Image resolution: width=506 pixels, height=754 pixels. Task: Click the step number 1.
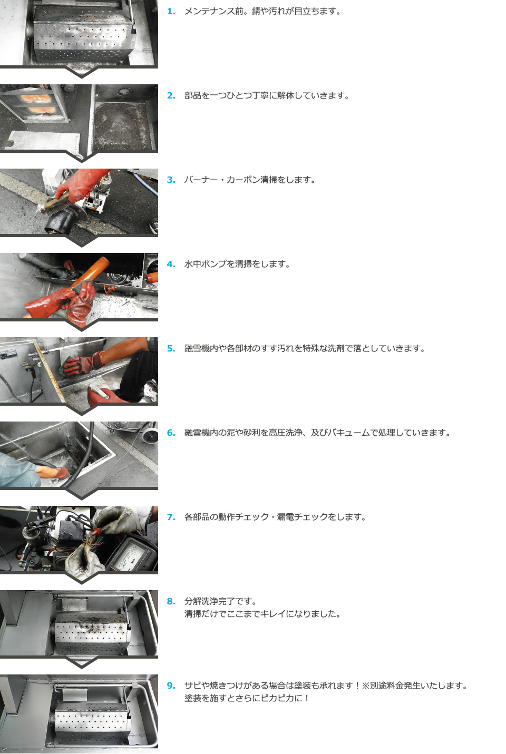point(171,11)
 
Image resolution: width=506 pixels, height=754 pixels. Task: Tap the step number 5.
point(171,348)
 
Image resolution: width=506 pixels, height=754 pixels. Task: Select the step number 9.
point(171,686)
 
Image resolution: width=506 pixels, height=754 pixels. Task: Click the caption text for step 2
point(267,95)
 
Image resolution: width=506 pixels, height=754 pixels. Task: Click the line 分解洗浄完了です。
point(220,601)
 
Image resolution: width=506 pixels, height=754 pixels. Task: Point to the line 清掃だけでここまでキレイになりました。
point(262,614)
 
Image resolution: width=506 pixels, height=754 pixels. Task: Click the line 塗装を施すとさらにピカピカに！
point(247,698)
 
